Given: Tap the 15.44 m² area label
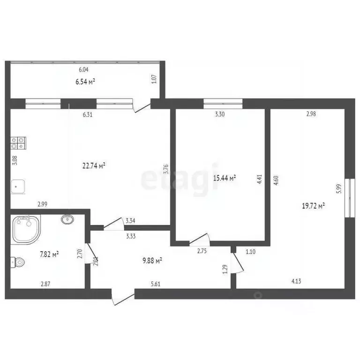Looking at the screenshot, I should [x=225, y=178].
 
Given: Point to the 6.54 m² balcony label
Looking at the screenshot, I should [x=85, y=82].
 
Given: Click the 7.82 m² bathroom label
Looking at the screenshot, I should [x=49, y=255].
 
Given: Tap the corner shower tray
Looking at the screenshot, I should [x=25, y=229].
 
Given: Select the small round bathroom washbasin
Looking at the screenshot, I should [x=67, y=218].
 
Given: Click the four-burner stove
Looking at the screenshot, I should [x=18, y=142].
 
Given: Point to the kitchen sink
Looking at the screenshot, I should [x=18, y=187].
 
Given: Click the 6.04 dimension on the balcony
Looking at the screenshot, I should [x=83, y=70].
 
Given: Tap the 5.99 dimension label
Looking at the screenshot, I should [x=338, y=188].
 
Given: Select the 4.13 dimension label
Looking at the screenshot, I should [x=296, y=282].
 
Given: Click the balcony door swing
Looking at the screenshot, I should [x=142, y=106].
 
